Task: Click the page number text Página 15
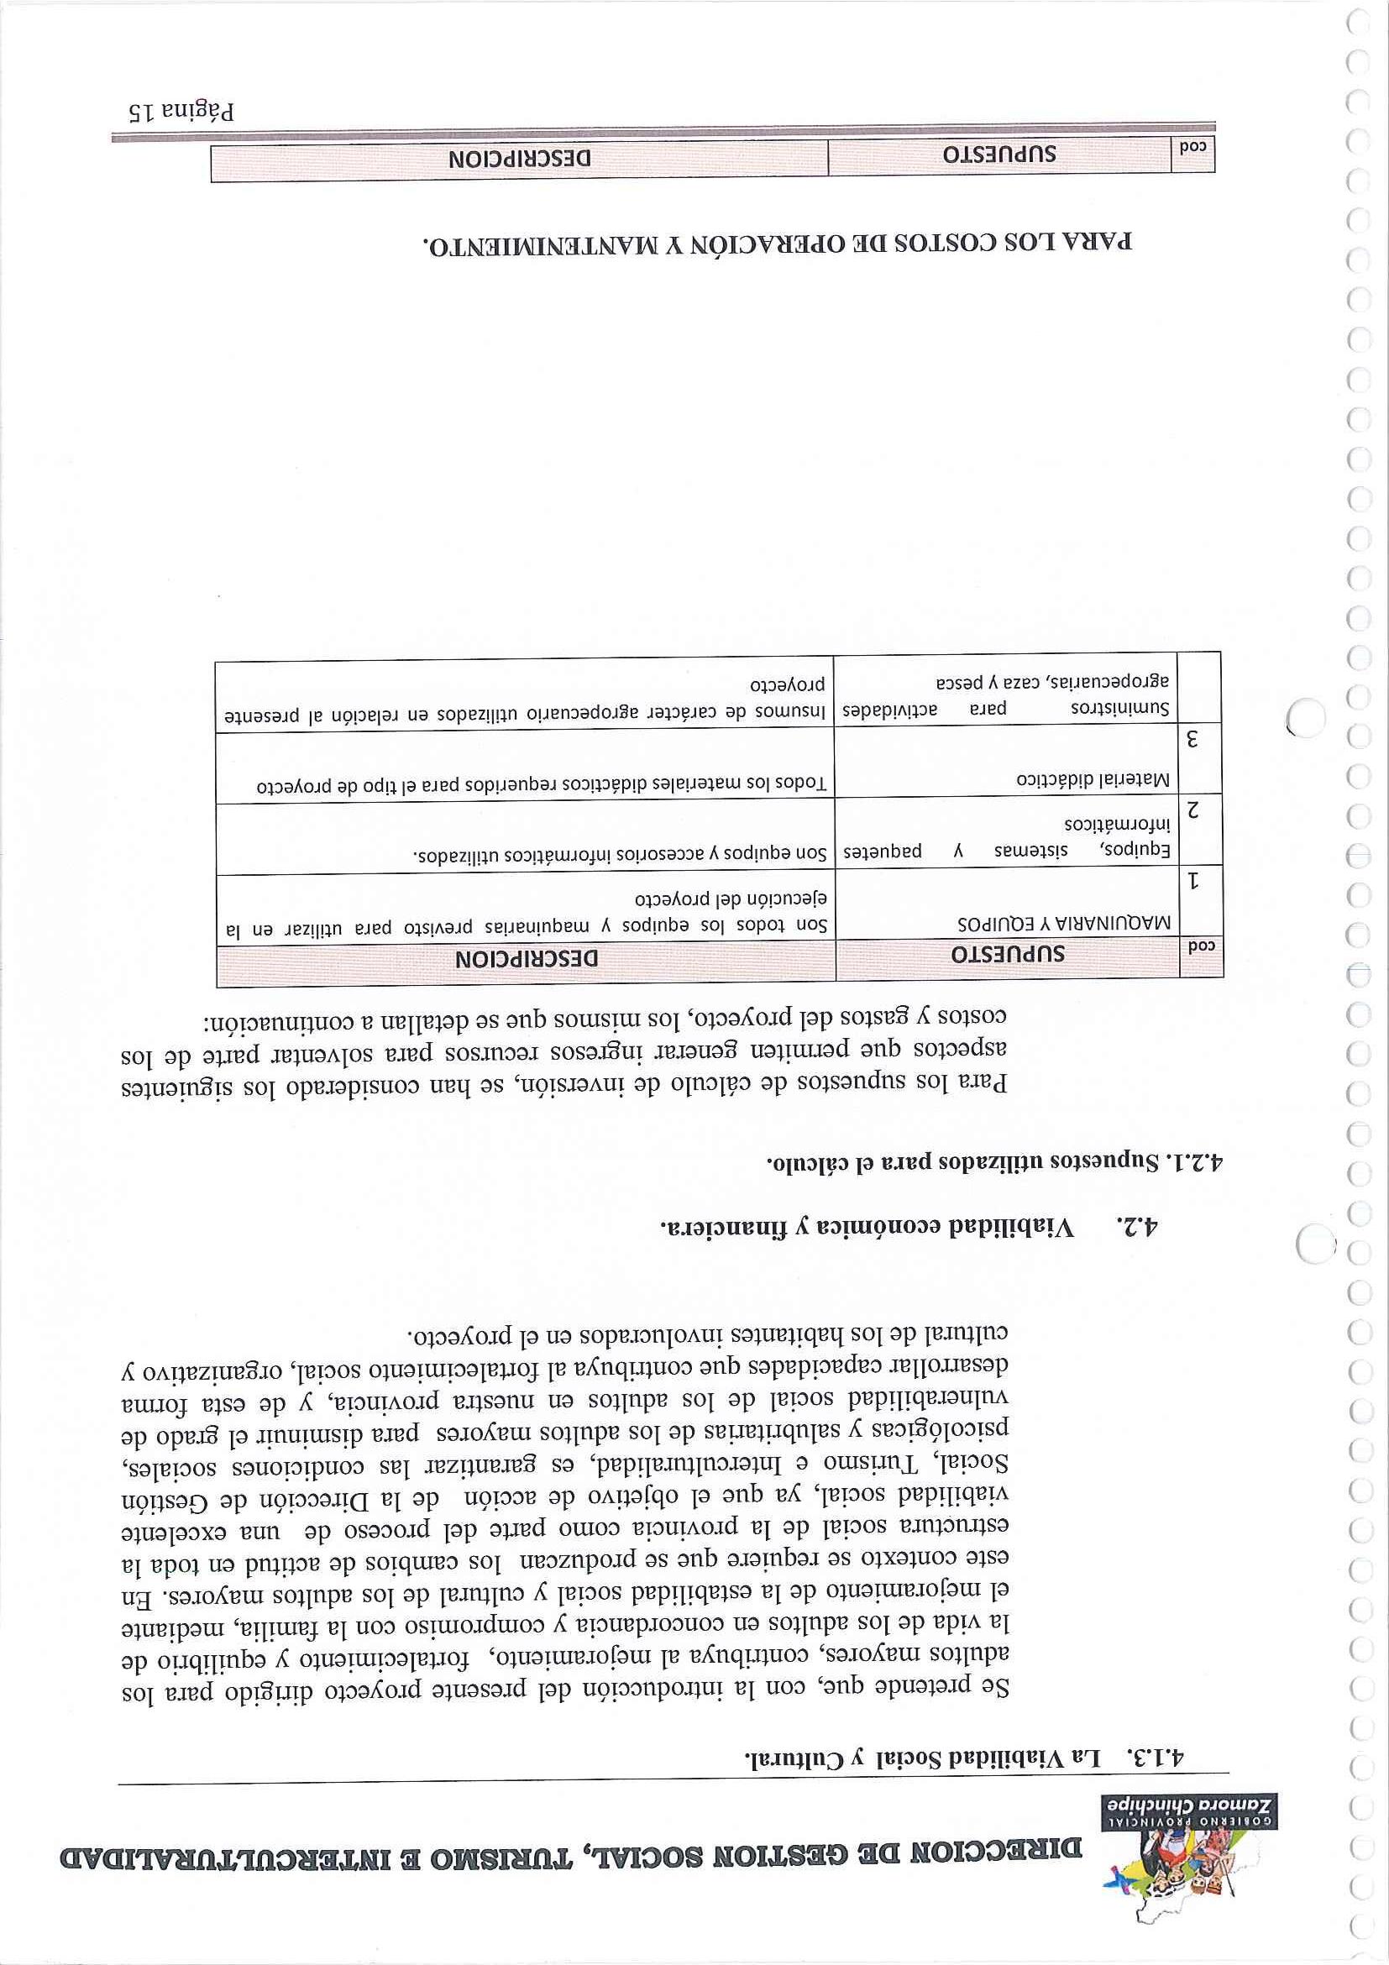[x=179, y=111]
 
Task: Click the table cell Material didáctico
[x=1094, y=780]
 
